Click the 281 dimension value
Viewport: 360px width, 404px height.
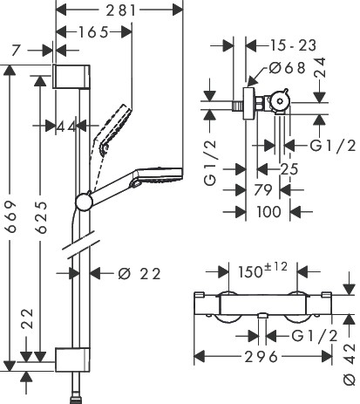coord(121,10)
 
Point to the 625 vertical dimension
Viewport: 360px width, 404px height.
coord(41,217)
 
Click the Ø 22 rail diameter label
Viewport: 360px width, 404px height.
coord(139,274)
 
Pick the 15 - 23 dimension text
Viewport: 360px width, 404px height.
coord(293,45)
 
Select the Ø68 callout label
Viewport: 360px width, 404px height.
coord(288,68)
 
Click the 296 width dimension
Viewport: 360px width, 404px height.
coord(261,357)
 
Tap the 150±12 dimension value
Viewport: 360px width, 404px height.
coord(262,270)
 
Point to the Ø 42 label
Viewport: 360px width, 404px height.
coord(350,365)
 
